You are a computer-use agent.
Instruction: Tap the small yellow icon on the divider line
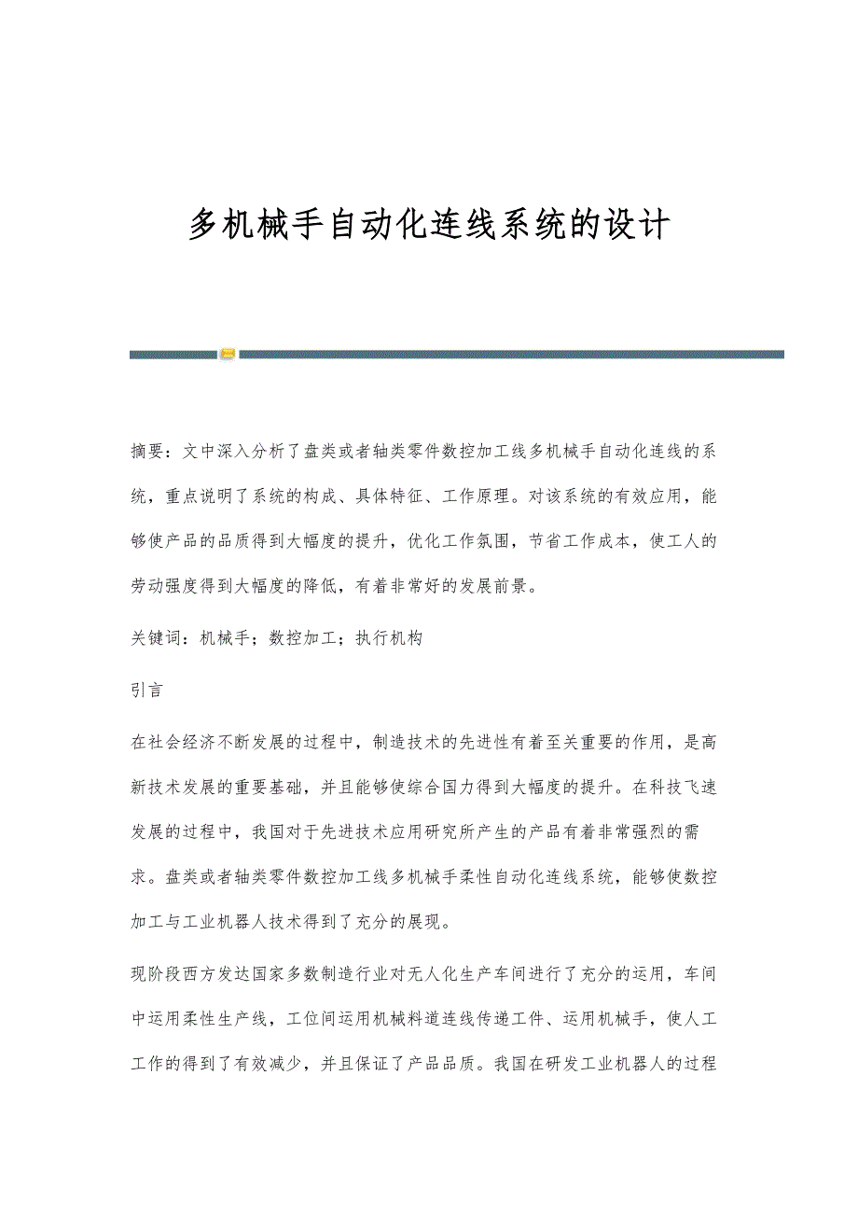coord(228,354)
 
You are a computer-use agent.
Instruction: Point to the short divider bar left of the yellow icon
coord(173,354)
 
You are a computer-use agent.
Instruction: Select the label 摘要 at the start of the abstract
coord(149,452)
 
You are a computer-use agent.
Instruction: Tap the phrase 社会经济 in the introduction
coord(189,743)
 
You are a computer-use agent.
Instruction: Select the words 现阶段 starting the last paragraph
coord(159,974)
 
